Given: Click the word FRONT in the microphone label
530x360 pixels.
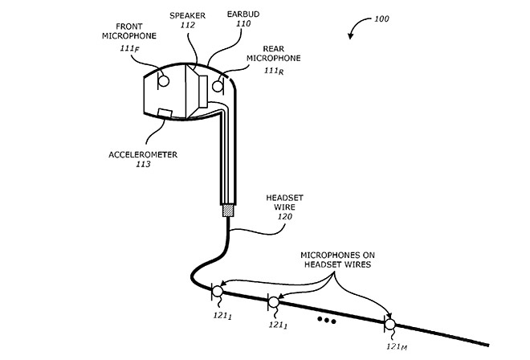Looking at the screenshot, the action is click(x=129, y=27).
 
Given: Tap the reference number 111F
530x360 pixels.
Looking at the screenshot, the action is click(x=129, y=49).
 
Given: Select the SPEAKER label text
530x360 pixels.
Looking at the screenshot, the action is click(x=188, y=15).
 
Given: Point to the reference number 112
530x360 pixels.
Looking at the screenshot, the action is click(x=188, y=25).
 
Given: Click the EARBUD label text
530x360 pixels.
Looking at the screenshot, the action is click(x=243, y=14).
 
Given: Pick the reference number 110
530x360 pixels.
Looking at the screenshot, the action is click(x=243, y=23).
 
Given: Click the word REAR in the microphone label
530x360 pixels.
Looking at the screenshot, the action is click(x=274, y=49).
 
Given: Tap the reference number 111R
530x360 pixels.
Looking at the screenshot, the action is click(x=274, y=71).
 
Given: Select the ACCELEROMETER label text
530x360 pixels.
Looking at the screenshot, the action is click(x=143, y=154).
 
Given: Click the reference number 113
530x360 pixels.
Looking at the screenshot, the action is click(x=143, y=164).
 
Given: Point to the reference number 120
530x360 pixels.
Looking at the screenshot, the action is click(x=284, y=216).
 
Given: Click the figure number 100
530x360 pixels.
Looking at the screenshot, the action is click(x=381, y=18).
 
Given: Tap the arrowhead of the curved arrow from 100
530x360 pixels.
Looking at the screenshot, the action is click(x=350, y=36).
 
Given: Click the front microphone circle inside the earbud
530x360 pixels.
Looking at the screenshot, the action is click(x=164, y=81).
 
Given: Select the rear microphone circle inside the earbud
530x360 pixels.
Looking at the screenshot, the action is click(x=218, y=86).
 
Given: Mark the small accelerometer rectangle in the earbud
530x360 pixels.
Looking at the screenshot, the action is click(x=165, y=113).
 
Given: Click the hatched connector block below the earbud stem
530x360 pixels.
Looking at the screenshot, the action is click(x=228, y=211).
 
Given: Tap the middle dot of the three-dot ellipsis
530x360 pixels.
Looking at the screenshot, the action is click(x=327, y=320).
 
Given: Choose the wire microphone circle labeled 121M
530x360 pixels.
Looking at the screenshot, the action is click(x=390, y=325).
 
